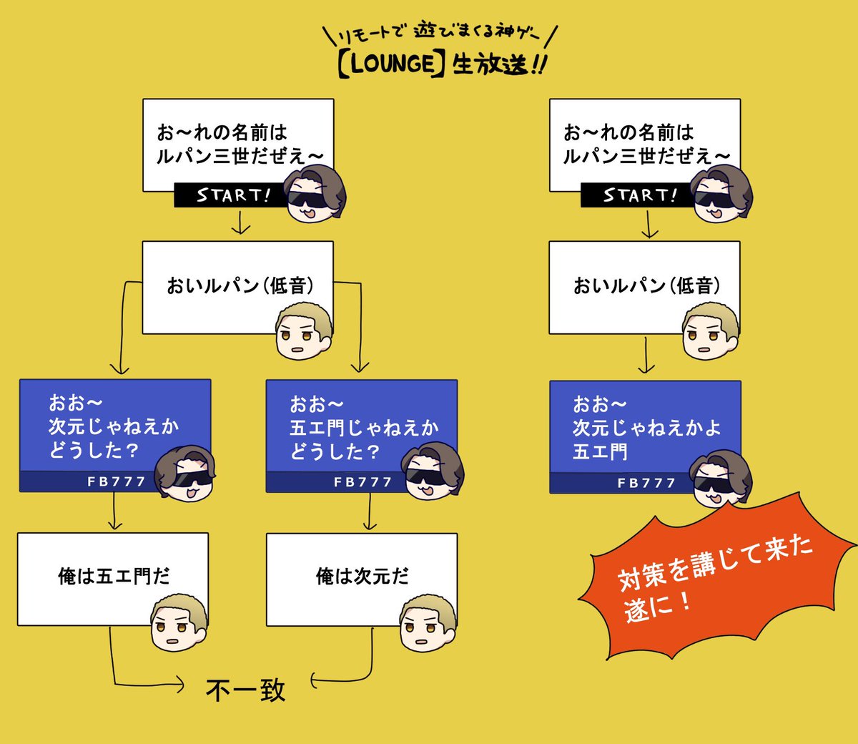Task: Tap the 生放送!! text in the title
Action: (x=498, y=64)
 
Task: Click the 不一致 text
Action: (x=245, y=690)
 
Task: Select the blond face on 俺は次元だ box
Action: (x=428, y=622)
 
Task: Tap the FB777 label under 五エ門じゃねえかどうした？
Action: (x=363, y=482)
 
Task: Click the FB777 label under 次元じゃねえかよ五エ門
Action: (x=646, y=484)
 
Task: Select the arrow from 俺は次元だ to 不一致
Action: (x=343, y=677)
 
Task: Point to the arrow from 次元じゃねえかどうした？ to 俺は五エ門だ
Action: (x=114, y=512)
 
